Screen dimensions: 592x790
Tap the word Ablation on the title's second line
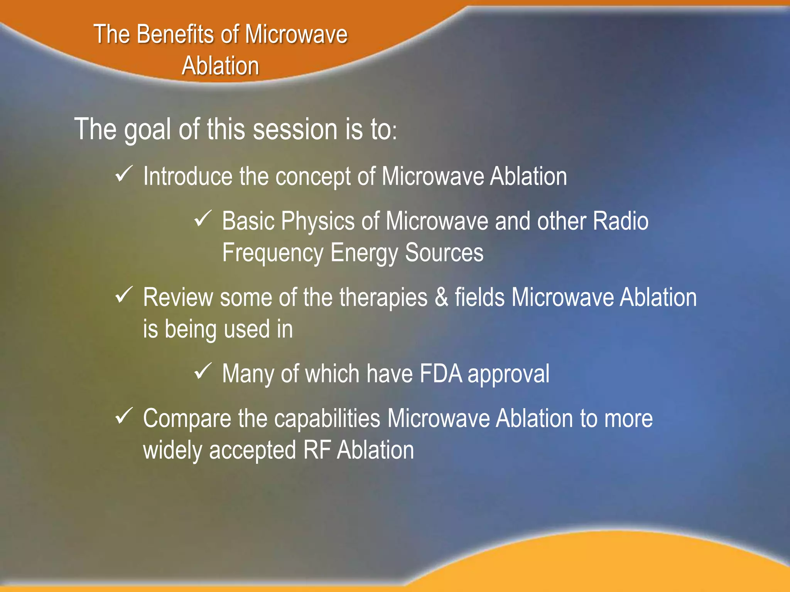(220, 66)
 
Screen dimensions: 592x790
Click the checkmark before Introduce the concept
(124, 174)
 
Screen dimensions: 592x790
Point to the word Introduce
(187, 177)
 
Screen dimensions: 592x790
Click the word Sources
(444, 253)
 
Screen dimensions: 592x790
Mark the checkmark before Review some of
(124, 295)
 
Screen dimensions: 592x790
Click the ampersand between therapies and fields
(441, 298)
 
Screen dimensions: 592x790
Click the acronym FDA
(441, 373)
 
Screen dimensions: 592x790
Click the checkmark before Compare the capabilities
(124, 416)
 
